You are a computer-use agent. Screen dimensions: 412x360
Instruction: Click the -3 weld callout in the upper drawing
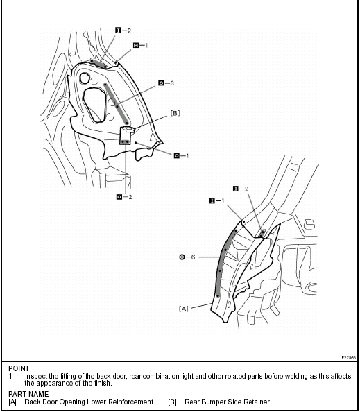point(165,83)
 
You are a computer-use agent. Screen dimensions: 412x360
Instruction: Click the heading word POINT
point(21,368)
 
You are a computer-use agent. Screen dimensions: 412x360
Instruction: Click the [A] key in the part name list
point(12,402)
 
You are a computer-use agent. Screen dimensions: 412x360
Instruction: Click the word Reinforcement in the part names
point(130,402)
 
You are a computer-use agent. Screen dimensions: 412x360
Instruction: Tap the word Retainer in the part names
point(256,402)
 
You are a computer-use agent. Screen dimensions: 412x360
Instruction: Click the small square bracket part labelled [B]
point(127,136)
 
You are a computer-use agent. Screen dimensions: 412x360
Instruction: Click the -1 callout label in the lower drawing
point(217,201)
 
